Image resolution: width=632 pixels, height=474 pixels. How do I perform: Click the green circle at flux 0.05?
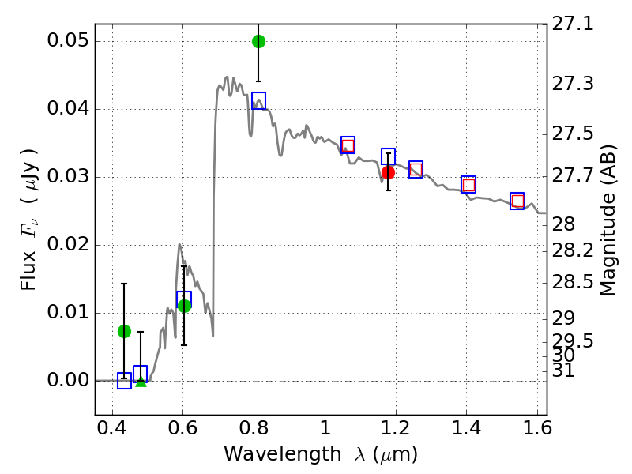pyautogui.click(x=258, y=41)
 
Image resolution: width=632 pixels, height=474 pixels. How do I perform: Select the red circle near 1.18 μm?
pyautogui.click(x=388, y=172)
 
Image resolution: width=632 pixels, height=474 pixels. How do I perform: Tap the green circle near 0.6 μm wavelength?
pyautogui.click(x=184, y=306)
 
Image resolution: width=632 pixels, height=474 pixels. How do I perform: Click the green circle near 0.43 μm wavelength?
pyautogui.click(x=124, y=331)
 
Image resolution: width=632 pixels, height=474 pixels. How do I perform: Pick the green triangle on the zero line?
pyautogui.click(x=141, y=382)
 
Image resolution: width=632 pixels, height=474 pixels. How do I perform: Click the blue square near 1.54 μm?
pyautogui.click(x=517, y=201)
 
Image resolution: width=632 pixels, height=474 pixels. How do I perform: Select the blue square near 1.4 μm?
pyautogui.click(x=468, y=184)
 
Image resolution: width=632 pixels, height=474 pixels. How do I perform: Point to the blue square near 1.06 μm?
pyautogui.click(x=348, y=145)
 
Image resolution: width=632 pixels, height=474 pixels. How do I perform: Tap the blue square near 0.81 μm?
pyautogui.click(x=258, y=100)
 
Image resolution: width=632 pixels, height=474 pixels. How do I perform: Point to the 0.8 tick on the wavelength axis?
pyautogui.click(x=254, y=432)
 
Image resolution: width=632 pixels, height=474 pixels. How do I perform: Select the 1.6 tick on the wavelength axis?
pyautogui.click(x=537, y=432)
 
